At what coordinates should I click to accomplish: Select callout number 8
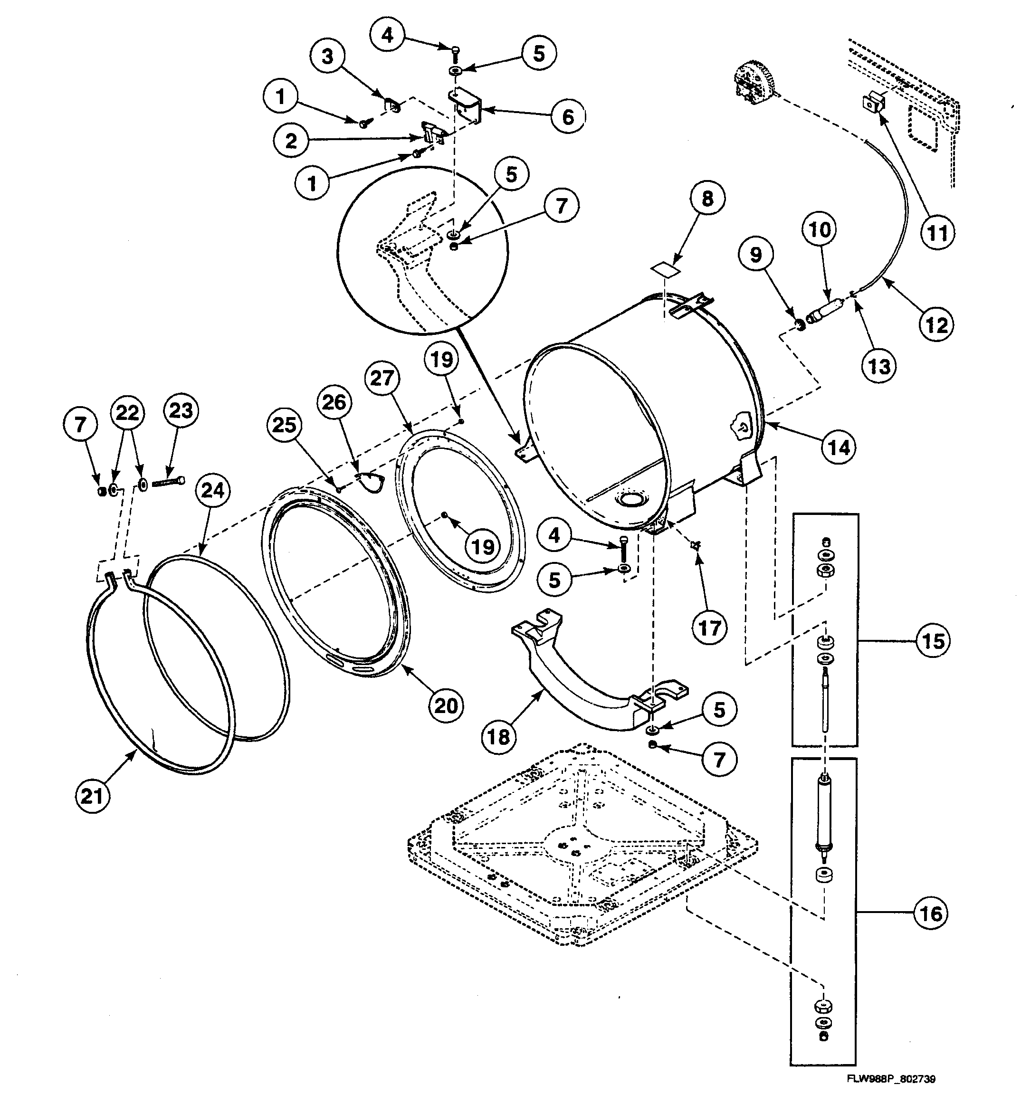tap(707, 198)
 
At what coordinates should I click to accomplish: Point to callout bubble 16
tap(931, 914)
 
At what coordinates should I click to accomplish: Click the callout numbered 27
tap(382, 379)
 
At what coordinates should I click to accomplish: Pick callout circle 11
tap(937, 233)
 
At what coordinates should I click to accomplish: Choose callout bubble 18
tap(499, 737)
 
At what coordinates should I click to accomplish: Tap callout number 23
tap(181, 410)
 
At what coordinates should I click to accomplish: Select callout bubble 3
tap(327, 56)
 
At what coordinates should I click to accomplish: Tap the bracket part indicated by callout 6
tap(466, 108)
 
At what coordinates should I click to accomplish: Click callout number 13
tap(879, 365)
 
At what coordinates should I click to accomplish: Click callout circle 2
tap(291, 142)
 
